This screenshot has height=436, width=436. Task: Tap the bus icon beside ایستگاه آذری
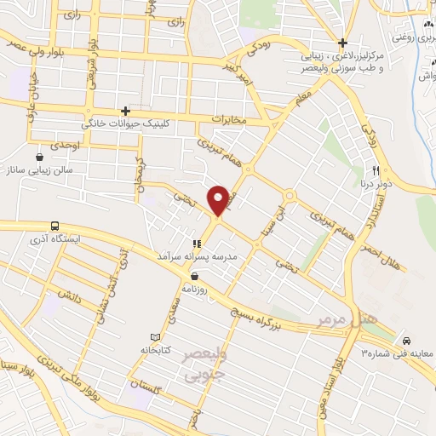point(55,227)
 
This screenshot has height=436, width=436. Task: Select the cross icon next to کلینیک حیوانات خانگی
point(125,111)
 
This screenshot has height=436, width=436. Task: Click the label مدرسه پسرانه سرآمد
point(201,255)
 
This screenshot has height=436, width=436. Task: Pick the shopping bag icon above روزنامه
point(197,276)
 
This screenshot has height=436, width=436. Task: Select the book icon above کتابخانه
point(153,337)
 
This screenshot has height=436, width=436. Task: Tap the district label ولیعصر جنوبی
point(204,363)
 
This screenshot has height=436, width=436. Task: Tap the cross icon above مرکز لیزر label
point(342,43)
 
